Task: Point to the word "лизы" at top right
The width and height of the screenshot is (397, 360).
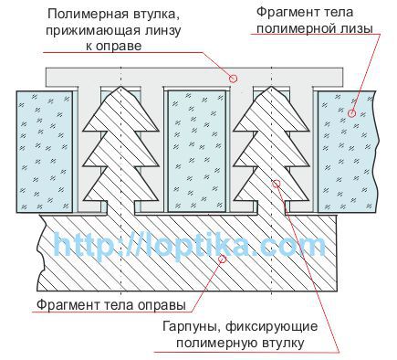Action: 357,29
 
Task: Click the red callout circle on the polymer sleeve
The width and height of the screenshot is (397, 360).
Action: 233,79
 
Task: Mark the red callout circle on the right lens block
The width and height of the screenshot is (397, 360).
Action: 351,113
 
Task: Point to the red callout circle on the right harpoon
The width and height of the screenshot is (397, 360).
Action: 277,184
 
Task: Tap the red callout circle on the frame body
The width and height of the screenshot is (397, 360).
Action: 223,259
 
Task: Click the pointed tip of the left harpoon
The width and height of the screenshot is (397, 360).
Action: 121,87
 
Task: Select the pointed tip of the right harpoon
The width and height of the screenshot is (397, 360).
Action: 271,87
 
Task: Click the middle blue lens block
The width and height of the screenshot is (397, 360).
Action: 197,151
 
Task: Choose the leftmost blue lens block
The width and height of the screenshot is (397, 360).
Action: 45,152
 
